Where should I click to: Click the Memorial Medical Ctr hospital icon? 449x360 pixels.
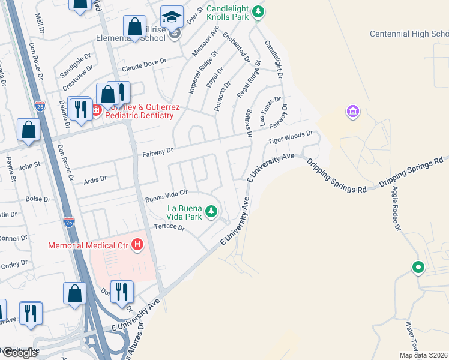coord(138,245)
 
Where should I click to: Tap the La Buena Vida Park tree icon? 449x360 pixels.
coord(211,211)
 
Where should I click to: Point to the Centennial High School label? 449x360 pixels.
coord(408,34)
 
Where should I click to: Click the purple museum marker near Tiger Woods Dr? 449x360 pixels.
coord(352,112)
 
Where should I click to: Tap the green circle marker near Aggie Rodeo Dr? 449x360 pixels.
coord(418,268)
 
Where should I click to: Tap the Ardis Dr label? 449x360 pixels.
coord(95,179)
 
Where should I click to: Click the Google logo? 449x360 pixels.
coord(19,353)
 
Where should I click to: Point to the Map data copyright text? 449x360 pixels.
coord(423,355)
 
